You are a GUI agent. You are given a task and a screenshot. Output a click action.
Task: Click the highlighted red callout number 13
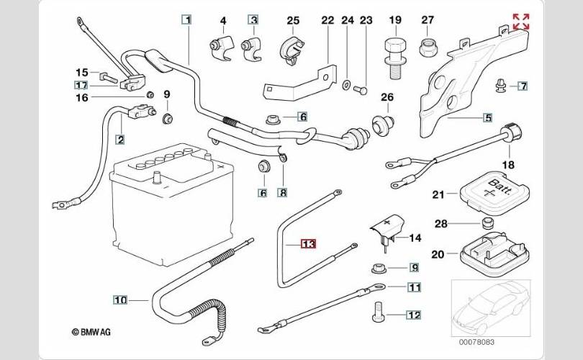click(x=308, y=244)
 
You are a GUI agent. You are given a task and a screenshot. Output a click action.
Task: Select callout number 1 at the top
click(x=186, y=20)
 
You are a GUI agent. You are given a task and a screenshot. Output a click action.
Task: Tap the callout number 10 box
click(x=119, y=299)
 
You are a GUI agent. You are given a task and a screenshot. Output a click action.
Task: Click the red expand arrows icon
click(x=520, y=22)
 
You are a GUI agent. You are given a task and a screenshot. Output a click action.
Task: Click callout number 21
click(x=439, y=193)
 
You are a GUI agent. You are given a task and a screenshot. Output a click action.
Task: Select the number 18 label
click(x=509, y=165)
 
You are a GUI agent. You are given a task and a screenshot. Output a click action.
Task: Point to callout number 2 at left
click(x=119, y=140)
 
